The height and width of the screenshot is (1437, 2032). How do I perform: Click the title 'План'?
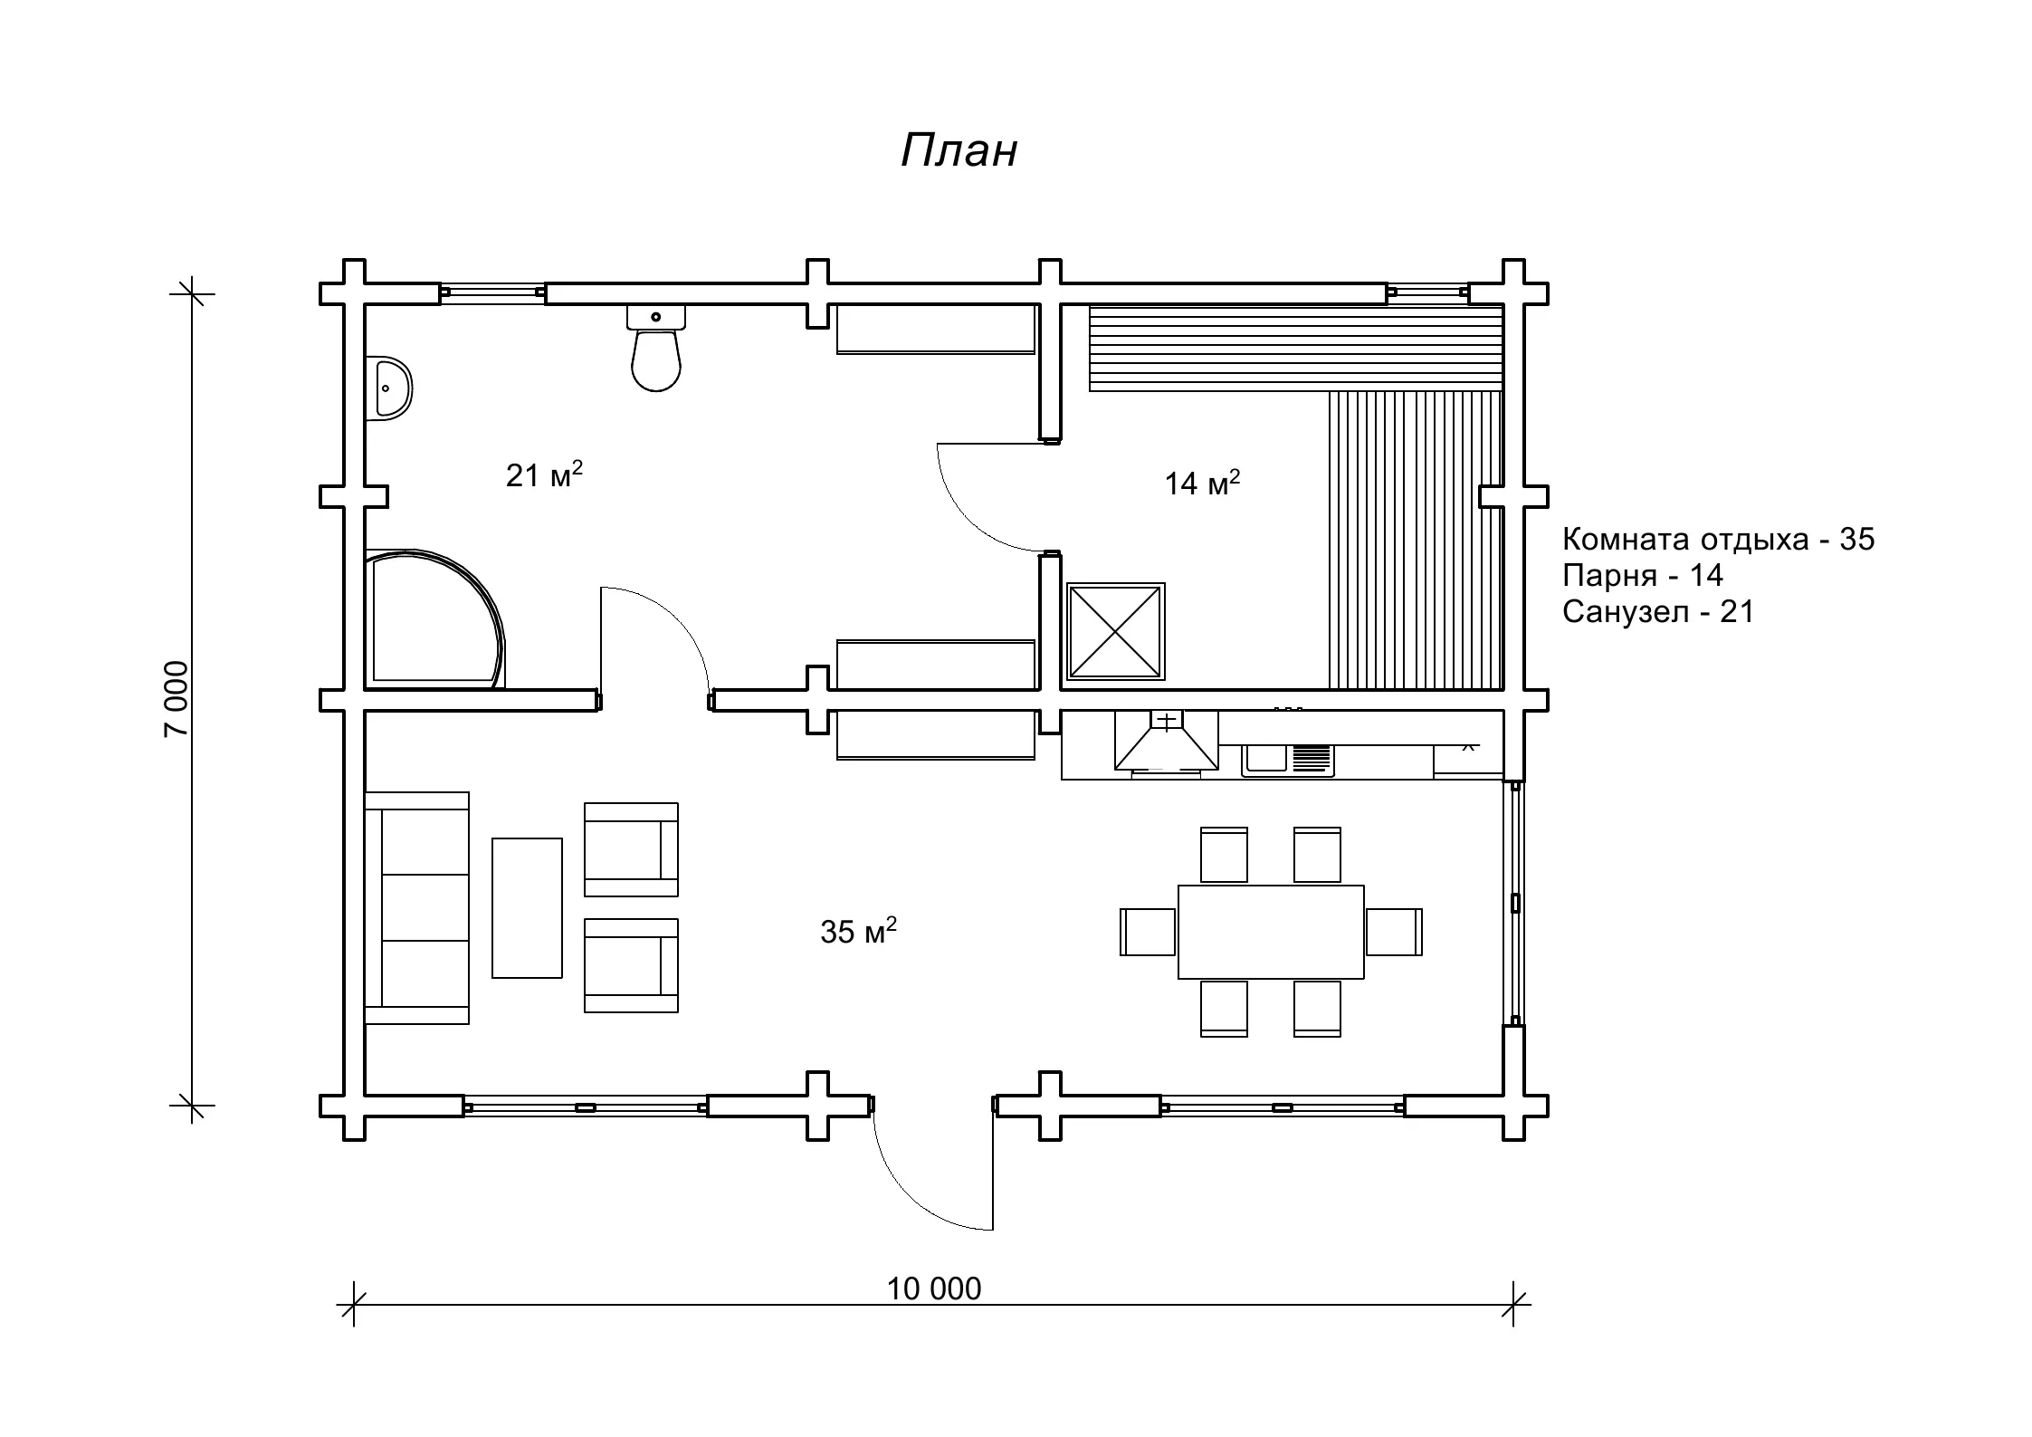coord(959,150)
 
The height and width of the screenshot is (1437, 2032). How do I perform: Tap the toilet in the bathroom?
coord(655,348)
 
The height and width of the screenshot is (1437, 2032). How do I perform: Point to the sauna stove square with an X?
coord(1115,631)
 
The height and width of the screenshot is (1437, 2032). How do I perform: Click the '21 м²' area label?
coord(544,474)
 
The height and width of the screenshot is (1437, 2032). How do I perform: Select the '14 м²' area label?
coord(1202,483)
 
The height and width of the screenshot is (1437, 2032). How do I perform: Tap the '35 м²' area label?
coord(858,931)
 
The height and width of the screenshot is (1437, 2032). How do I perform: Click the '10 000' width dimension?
coord(933,1289)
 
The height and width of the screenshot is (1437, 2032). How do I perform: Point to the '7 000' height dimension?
coord(176,698)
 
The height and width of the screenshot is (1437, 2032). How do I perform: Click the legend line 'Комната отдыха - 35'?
coord(1718,540)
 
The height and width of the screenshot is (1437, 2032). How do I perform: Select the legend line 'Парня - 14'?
coord(1643,575)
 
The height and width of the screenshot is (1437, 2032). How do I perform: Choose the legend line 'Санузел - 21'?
coord(1658,612)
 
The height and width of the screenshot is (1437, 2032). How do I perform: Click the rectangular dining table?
coord(1271,932)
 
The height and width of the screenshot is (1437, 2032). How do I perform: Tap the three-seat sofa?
coord(417,908)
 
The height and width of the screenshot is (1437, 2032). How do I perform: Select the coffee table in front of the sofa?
coord(527,908)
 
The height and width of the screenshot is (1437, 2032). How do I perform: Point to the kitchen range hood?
coord(1167,741)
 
